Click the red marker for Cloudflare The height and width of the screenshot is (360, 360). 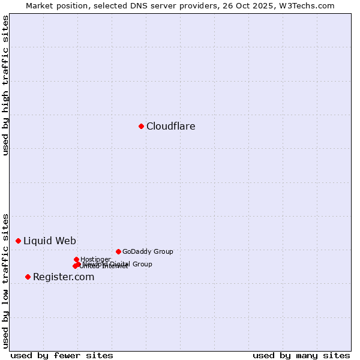pos(141,126)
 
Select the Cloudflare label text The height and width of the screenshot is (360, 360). pos(170,127)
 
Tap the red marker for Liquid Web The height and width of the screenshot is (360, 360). pos(18,241)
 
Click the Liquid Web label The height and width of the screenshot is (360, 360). pos(49,241)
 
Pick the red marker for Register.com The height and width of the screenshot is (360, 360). pos(28,277)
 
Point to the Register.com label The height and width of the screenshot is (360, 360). pos(64,277)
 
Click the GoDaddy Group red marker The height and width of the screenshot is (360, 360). pos(118,251)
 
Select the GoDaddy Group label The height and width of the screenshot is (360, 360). pos(148,252)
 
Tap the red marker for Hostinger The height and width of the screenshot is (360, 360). pos(76,259)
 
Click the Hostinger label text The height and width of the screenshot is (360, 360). pos(95,259)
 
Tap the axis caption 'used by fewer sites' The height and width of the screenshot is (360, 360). pos(62,355)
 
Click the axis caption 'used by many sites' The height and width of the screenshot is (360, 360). pos(301,355)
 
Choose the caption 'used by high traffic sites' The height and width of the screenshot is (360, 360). pos(5,85)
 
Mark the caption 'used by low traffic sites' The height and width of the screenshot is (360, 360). pos(5,280)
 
